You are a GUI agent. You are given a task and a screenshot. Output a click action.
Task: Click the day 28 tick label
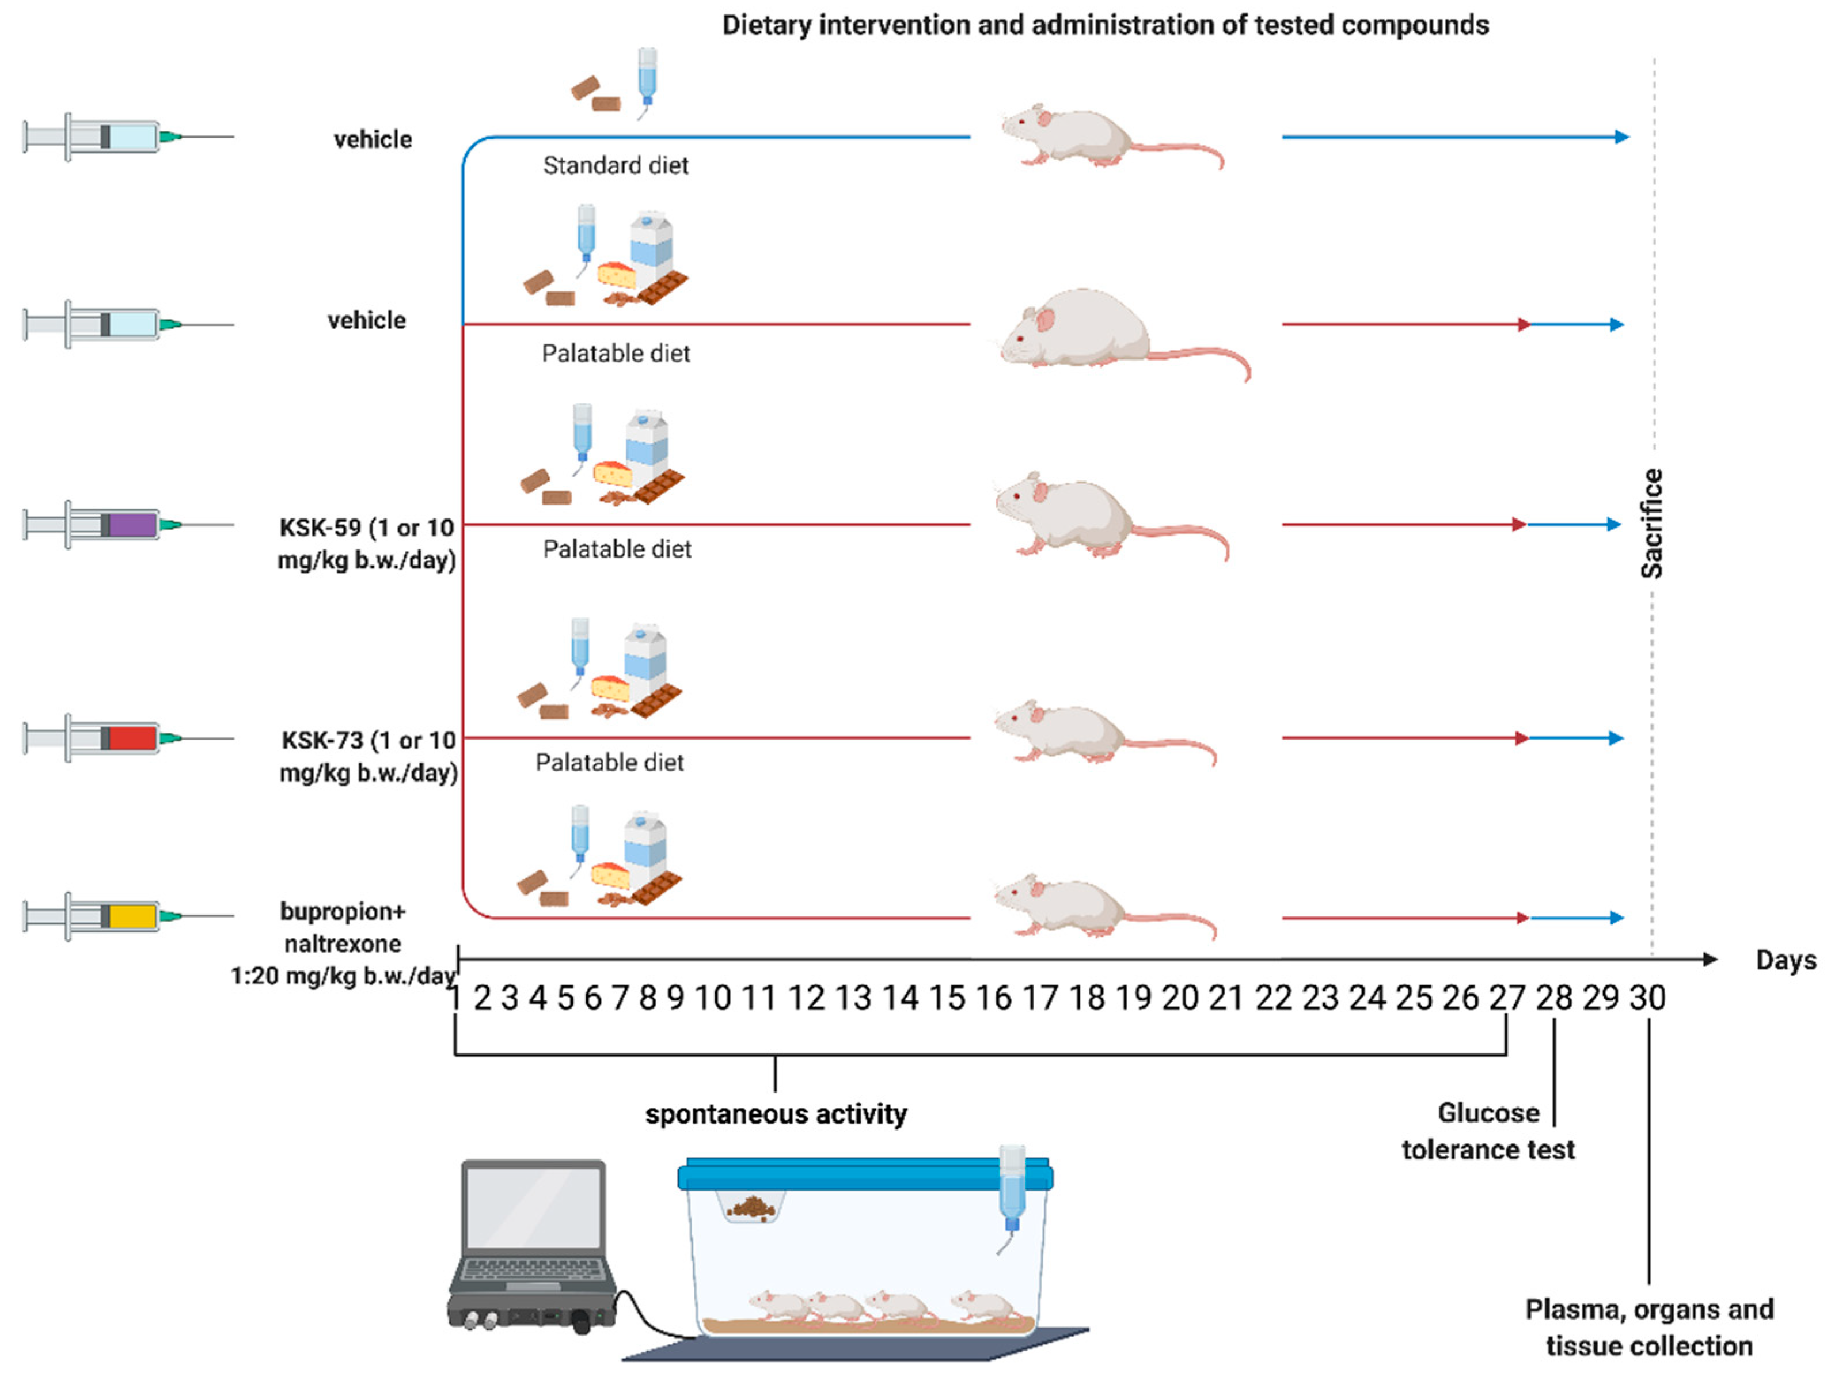pyautogui.click(x=1553, y=998)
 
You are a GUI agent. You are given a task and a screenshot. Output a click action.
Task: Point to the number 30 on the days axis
pyautogui.click(x=1647, y=998)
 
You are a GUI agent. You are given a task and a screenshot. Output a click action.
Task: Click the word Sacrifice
pyautogui.click(x=1651, y=523)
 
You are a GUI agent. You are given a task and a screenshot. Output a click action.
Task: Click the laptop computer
pyautogui.click(x=534, y=1242)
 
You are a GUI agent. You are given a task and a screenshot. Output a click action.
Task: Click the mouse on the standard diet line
pyautogui.click(x=1093, y=137)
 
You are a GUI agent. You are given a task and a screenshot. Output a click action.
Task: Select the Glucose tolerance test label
pyautogui.click(x=1487, y=1131)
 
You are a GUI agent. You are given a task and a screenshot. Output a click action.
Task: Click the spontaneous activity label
pyautogui.click(x=776, y=1114)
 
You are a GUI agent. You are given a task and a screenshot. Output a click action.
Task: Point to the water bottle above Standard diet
pyautogui.click(x=647, y=79)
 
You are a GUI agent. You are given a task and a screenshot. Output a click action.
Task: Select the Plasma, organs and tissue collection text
pyautogui.click(x=1649, y=1327)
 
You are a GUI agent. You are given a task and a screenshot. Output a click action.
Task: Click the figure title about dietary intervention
pyautogui.click(x=1105, y=25)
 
